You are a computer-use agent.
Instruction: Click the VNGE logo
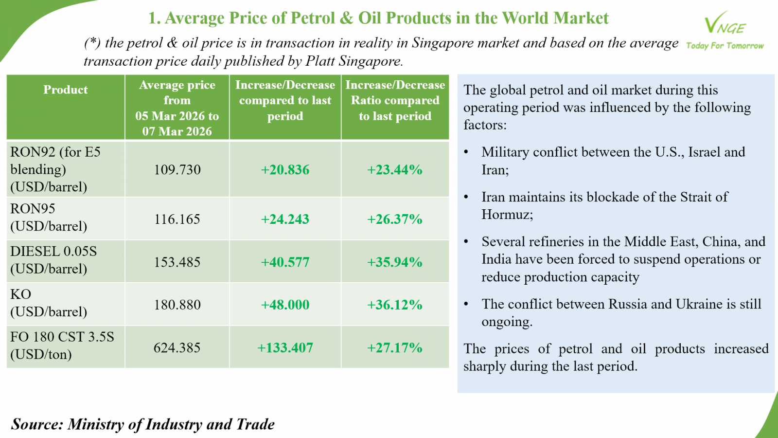pos(725,24)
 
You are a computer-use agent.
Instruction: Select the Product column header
pos(66,90)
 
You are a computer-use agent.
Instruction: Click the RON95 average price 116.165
pos(177,219)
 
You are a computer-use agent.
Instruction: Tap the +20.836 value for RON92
pos(285,170)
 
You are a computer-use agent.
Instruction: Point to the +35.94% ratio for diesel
pos(395,262)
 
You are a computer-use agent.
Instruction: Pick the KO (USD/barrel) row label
pos(49,303)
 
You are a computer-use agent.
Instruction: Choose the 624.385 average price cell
pos(177,348)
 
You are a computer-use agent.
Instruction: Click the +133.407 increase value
pos(285,348)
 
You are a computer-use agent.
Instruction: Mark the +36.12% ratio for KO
pos(395,305)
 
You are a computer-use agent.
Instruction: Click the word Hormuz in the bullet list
pos(506,215)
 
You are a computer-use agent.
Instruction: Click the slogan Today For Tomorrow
pos(725,46)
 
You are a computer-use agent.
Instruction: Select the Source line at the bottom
pos(143,424)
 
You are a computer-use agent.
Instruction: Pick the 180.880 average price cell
pos(177,305)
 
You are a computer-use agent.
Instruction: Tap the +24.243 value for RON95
pos(285,219)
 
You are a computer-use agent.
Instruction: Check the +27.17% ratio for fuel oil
pos(395,348)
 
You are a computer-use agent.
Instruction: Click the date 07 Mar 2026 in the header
pos(177,131)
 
